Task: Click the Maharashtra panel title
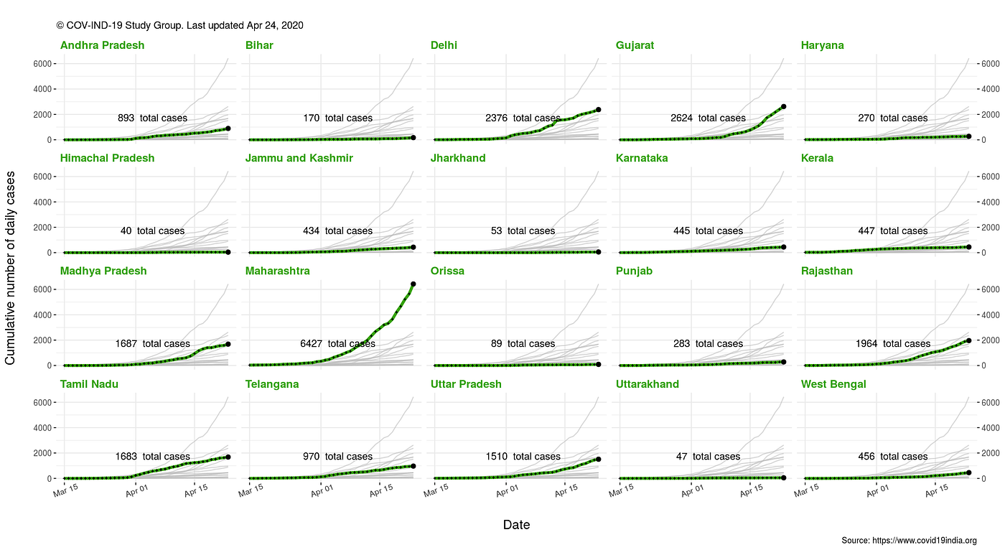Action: coord(277,271)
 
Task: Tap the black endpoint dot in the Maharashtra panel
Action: coord(413,284)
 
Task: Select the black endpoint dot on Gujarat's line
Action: coord(783,106)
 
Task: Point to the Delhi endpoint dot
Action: coord(598,110)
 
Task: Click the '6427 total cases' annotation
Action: coord(337,344)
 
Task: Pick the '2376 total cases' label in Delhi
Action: coord(523,118)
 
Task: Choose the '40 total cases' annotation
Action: coord(152,231)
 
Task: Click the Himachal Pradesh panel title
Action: coord(107,158)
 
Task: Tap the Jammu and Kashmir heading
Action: coord(299,158)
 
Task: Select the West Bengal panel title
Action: coord(833,384)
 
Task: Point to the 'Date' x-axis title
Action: coord(516,525)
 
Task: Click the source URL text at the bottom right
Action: coord(909,541)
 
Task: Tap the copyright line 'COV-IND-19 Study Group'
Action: coord(179,25)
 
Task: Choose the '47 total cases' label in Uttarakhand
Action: coord(708,457)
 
